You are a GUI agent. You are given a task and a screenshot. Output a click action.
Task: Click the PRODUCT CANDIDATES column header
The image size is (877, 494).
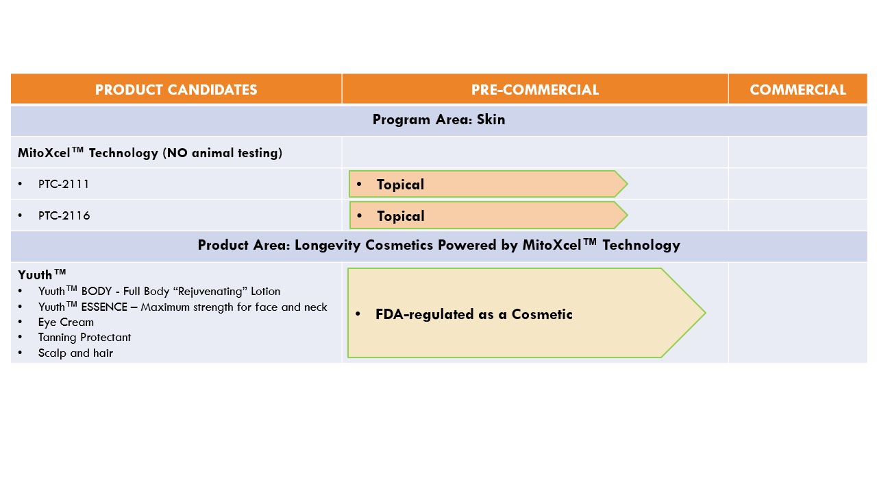tap(176, 90)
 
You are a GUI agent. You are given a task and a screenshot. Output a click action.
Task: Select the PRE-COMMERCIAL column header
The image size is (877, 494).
tap(535, 90)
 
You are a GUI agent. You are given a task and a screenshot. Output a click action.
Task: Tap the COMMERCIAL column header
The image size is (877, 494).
tap(798, 90)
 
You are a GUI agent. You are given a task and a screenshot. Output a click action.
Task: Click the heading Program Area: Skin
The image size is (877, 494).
tap(438, 119)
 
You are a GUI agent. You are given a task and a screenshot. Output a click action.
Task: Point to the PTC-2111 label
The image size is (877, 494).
tap(64, 184)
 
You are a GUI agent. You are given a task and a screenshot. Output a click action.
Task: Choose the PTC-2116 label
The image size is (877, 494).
tap(64, 215)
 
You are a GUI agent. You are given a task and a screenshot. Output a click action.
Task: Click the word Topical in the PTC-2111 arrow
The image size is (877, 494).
tap(400, 185)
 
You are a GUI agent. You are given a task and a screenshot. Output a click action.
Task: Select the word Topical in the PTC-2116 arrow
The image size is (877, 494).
tap(401, 216)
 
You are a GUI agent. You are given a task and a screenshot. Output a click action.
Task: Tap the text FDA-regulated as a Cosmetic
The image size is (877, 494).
tap(473, 314)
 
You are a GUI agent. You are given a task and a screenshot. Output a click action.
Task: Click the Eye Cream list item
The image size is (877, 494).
tap(66, 322)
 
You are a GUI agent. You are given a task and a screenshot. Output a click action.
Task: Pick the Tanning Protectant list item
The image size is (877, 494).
tap(84, 338)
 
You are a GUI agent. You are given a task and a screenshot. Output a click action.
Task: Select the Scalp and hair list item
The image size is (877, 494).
tap(75, 353)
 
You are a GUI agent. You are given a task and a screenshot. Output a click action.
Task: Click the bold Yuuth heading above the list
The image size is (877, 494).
tap(42, 274)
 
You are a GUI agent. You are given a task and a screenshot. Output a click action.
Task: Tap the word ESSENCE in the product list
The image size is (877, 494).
tap(104, 307)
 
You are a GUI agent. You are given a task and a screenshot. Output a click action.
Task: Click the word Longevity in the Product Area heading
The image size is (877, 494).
tap(328, 246)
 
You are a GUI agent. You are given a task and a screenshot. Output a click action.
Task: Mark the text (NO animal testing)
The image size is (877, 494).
tap(223, 153)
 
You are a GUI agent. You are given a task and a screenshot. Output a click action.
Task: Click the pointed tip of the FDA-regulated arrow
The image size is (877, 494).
tap(706, 313)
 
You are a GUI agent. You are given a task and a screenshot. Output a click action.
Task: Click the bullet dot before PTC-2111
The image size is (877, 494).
tap(20, 184)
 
